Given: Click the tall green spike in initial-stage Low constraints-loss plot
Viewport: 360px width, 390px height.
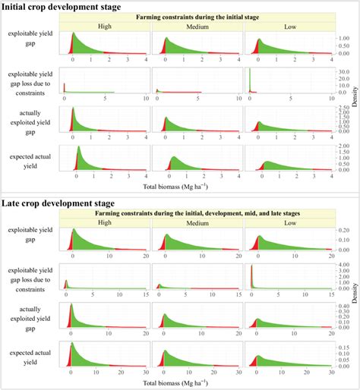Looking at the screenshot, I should (x=250, y=80).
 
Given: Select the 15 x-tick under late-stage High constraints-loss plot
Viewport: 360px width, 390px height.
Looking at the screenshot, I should (x=147, y=296).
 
